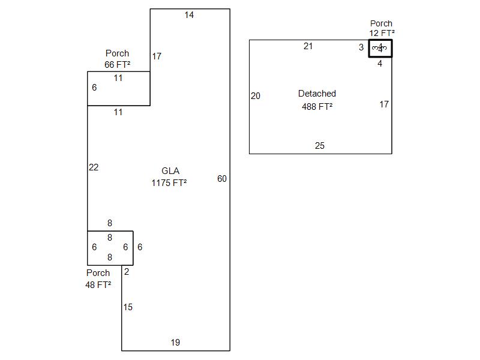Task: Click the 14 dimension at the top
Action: tap(189, 15)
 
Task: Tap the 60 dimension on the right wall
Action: tap(222, 179)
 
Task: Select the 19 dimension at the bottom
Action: tap(175, 343)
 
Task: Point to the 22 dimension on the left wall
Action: tap(94, 167)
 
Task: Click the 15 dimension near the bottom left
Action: tap(128, 307)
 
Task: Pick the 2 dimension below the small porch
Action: tap(127, 272)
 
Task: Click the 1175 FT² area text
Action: tap(169, 183)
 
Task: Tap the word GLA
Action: tap(170, 171)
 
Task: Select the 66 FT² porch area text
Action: tap(118, 64)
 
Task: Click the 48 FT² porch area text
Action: tap(98, 284)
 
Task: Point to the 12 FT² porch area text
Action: tap(382, 34)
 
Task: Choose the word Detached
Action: tap(317, 94)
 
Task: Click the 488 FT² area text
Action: tap(317, 107)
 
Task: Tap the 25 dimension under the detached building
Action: tap(320, 146)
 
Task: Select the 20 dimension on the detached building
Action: tap(256, 96)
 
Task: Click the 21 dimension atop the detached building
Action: tap(308, 46)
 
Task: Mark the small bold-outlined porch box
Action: tap(380, 49)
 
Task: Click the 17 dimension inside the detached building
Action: tap(384, 104)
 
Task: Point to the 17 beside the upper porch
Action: tap(157, 56)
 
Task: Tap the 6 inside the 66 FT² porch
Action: tap(94, 88)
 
